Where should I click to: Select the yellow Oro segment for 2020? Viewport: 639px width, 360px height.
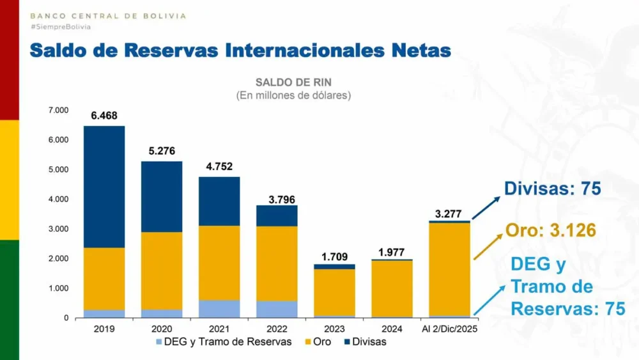point(162,270)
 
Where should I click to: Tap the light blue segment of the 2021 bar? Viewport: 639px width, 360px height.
point(219,309)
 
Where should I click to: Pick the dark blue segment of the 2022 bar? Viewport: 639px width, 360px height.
point(277,215)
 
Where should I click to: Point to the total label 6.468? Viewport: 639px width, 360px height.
point(104,116)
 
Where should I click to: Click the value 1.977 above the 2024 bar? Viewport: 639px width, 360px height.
point(392,252)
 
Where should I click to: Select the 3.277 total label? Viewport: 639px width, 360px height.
point(449,214)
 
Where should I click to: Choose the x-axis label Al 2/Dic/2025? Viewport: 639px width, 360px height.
point(449,329)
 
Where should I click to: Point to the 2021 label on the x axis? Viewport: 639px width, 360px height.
point(219,329)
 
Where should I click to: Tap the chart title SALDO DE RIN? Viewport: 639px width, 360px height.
point(293,82)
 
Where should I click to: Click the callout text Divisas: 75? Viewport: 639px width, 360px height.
point(553,189)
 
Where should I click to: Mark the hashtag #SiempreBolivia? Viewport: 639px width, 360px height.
point(61,27)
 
